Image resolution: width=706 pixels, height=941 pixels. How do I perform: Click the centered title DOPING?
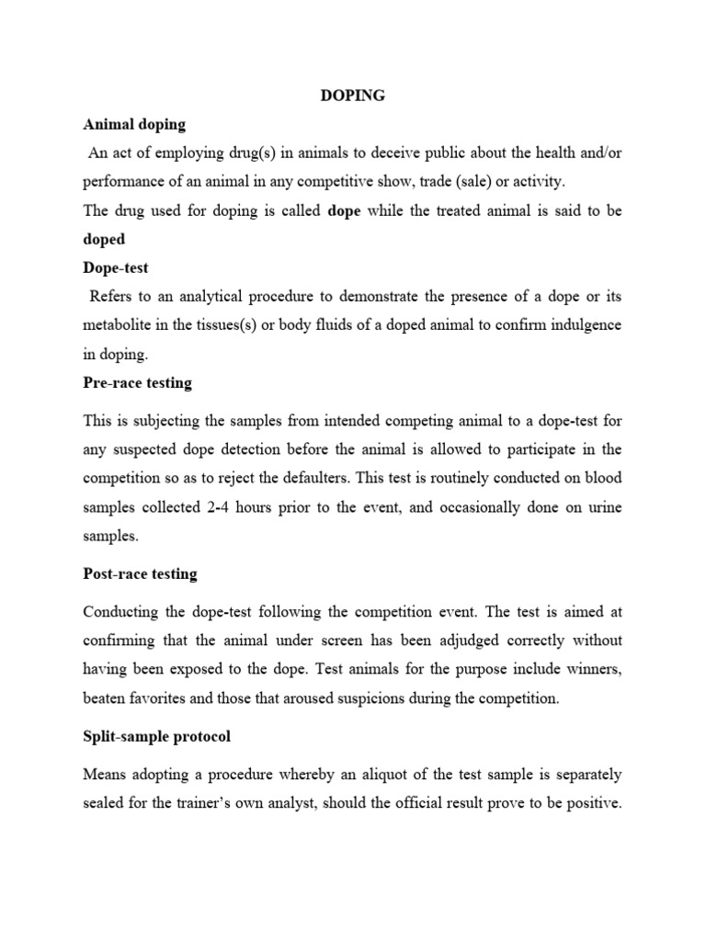(353, 96)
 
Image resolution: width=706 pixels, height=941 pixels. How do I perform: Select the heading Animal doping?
(134, 124)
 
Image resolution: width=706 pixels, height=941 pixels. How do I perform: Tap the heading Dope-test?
(116, 268)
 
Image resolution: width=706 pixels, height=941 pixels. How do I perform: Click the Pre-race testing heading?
(138, 382)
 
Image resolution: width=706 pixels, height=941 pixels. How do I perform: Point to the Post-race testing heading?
(140, 573)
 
